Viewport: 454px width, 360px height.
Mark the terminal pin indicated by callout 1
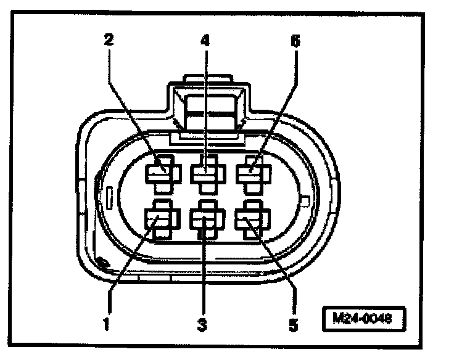[x=160, y=219]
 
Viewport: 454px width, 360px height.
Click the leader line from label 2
[x=133, y=105]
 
